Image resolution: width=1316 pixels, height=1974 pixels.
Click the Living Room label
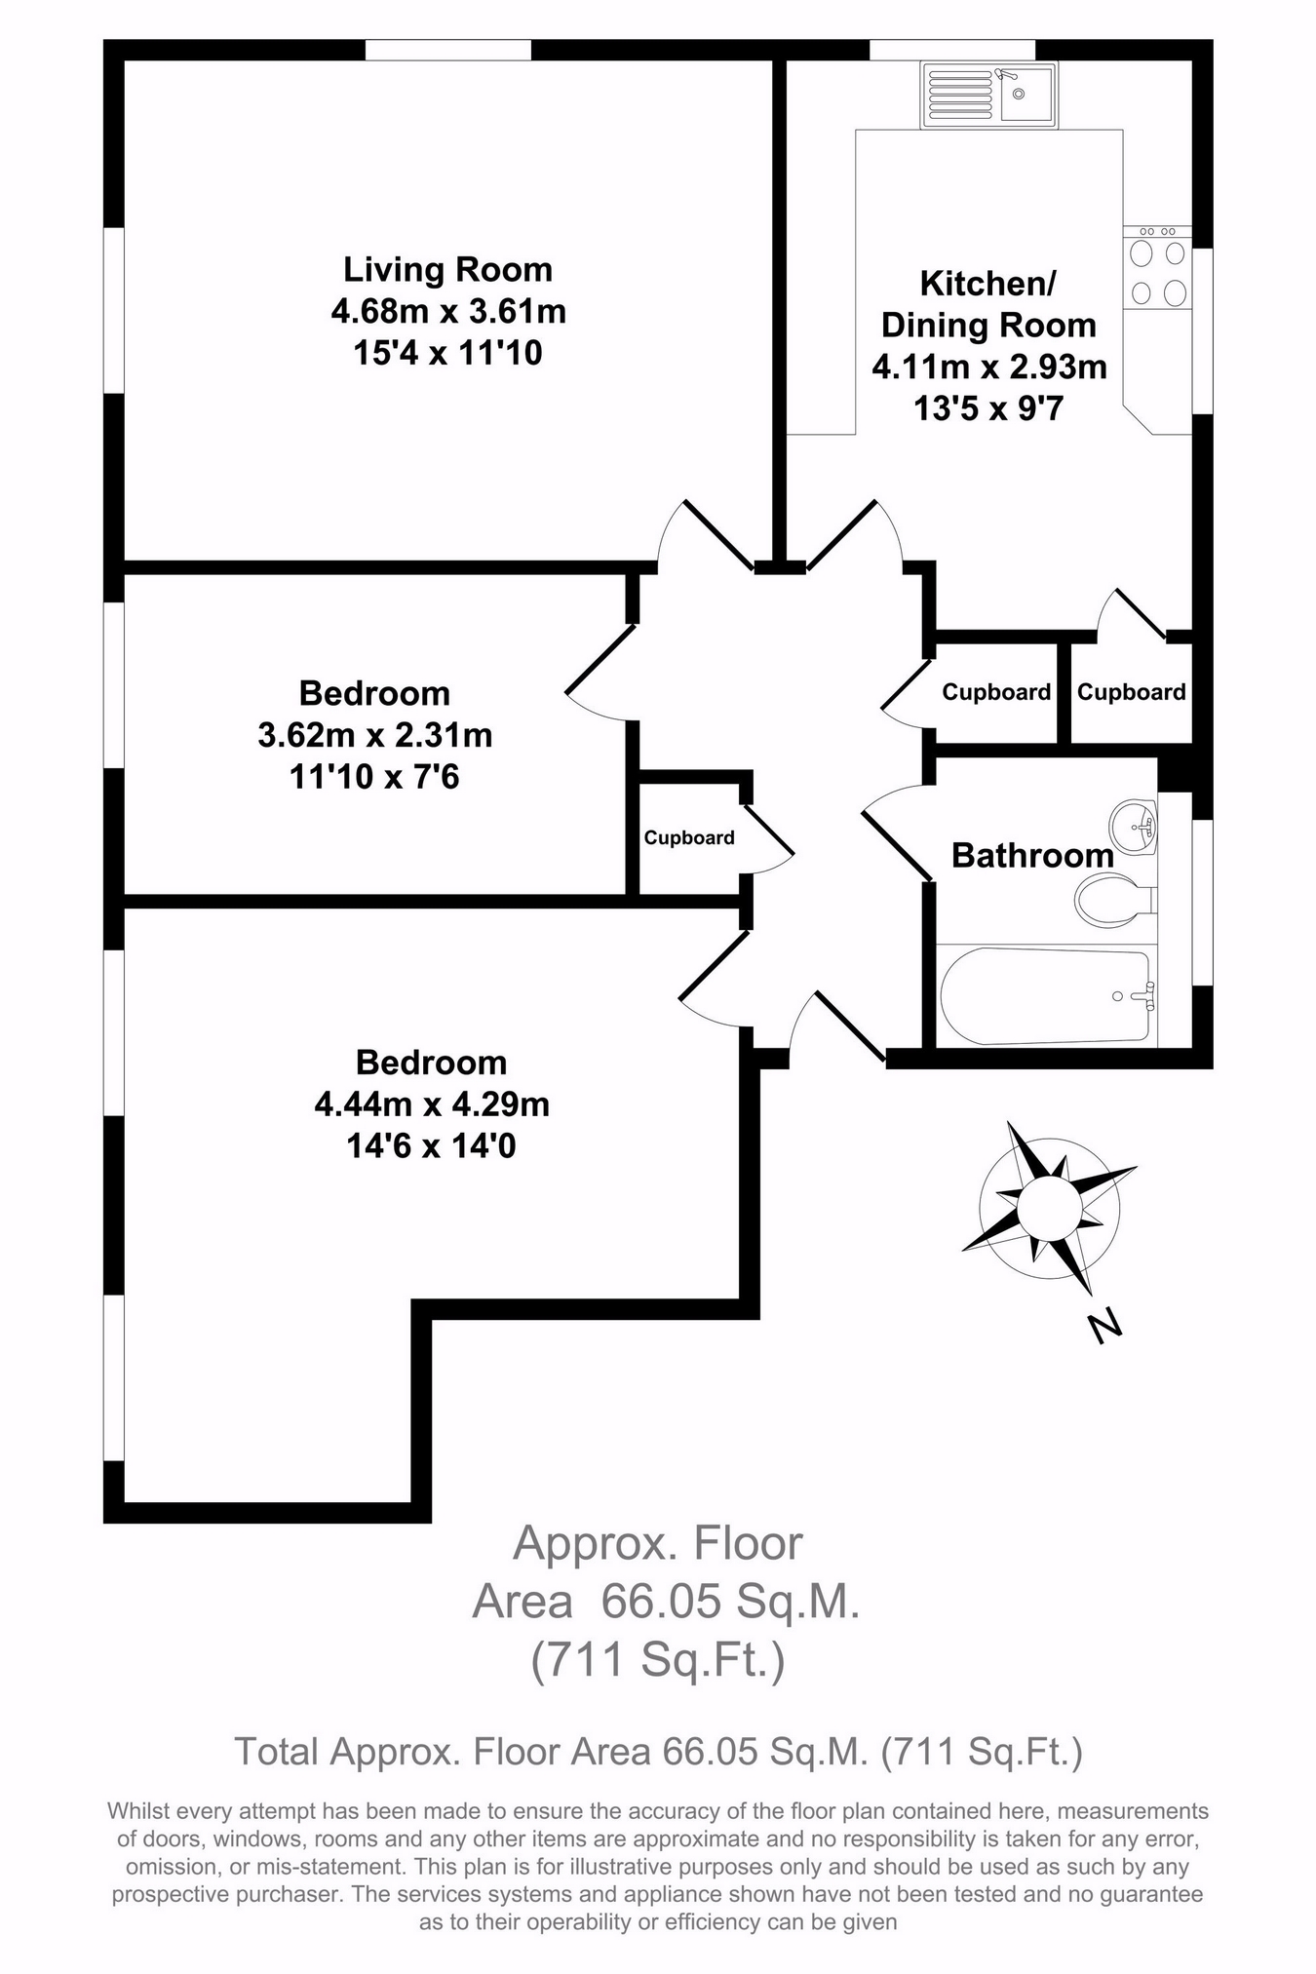tap(447, 269)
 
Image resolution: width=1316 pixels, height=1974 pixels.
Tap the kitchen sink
tap(987, 95)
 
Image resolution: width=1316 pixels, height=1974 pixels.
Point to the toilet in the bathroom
tap(1112, 898)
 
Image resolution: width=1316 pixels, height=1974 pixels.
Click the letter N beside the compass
tap(1104, 1327)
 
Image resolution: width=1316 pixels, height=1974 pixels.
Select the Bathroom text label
tap(1032, 856)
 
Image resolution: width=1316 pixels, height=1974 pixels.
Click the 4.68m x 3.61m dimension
tap(448, 312)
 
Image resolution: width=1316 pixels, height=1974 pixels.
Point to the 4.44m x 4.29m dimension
tap(432, 1104)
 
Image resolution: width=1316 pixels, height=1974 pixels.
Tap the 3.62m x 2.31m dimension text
tap(375, 735)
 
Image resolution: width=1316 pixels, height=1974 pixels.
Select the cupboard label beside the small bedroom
tap(689, 837)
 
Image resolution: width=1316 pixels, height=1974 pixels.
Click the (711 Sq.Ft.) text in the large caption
tap(658, 1660)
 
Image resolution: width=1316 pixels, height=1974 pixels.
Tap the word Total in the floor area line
tap(276, 1752)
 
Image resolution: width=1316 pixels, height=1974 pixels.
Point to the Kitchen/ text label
tap(988, 284)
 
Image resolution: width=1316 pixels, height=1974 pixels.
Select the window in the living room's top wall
tap(448, 49)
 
